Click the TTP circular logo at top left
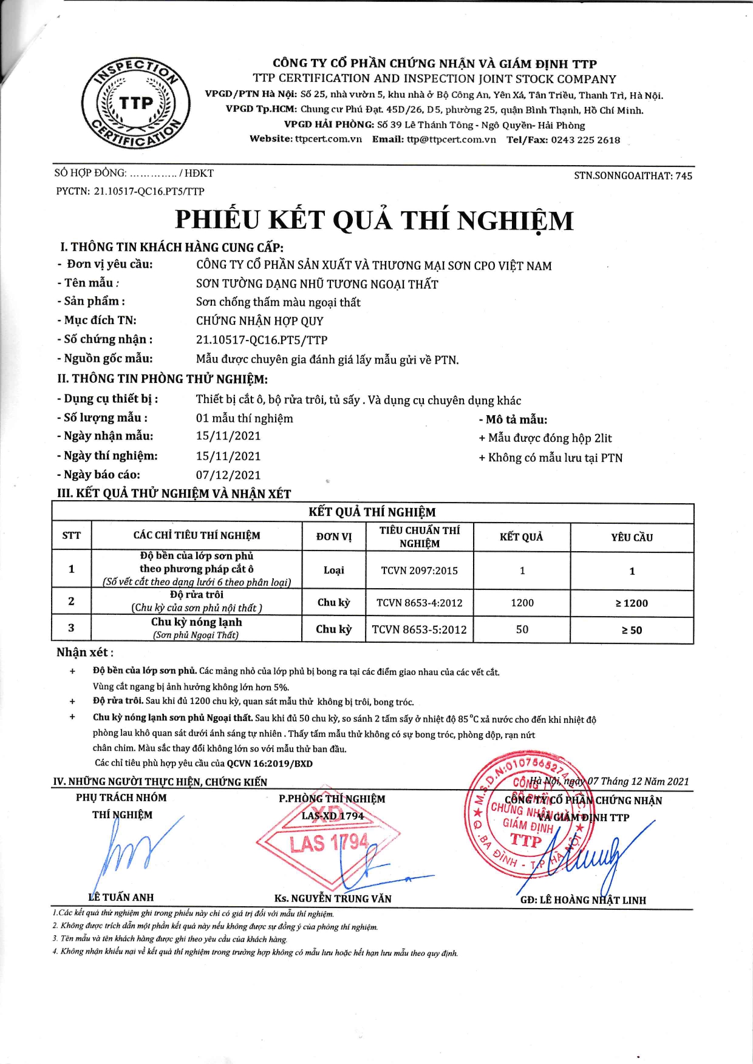(136, 104)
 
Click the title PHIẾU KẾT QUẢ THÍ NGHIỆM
(374, 220)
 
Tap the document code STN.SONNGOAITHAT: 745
(633, 176)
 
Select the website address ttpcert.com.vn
(329, 140)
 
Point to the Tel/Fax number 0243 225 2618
(585, 140)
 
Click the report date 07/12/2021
(228, 475)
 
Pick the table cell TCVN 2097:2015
(419, 571)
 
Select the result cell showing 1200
(522, 603)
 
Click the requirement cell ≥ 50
(632, 630)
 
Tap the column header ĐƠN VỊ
(334, 537)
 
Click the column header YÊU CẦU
(632, 537)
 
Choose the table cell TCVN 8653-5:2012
(419, 630)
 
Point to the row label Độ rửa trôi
(197, 595)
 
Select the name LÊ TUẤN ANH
(121, 897)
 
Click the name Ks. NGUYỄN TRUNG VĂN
(333, 898)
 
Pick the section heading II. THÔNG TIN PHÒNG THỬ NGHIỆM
(162, 379)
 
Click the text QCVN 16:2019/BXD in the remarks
(270, 764)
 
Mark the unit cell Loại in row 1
(334, 570)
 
